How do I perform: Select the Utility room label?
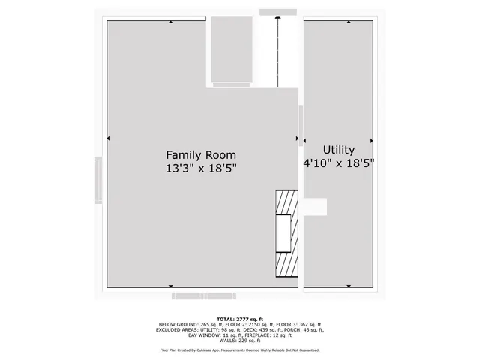338,150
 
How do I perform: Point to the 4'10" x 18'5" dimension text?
338,162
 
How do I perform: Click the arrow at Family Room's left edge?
109,139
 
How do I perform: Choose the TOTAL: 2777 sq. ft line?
240,319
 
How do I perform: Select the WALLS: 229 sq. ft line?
240,340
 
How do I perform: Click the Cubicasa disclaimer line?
240,350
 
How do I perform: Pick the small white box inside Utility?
316,207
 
